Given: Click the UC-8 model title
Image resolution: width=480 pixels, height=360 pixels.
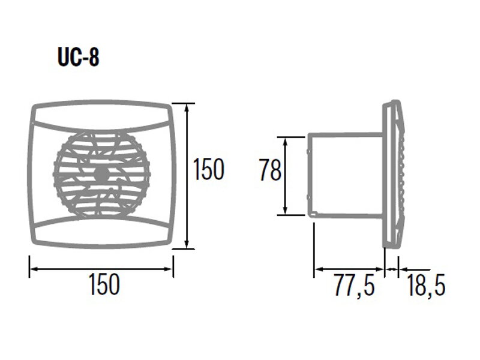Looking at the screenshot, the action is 79,57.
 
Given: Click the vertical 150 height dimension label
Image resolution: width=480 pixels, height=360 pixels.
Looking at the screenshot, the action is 209,169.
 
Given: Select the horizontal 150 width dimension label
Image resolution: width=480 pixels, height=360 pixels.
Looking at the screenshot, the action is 104,284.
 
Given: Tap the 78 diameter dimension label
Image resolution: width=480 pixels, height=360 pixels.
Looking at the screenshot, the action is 270,169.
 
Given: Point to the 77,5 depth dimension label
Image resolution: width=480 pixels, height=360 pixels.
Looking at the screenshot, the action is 354,286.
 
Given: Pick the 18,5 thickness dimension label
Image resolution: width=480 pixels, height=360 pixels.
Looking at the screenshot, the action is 426,286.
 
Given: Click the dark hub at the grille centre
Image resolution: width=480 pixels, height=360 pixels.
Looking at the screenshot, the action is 100,174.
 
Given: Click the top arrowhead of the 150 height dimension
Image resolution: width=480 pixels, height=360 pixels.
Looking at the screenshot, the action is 187,107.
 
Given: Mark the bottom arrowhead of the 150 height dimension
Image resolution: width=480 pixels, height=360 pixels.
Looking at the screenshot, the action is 187,244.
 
